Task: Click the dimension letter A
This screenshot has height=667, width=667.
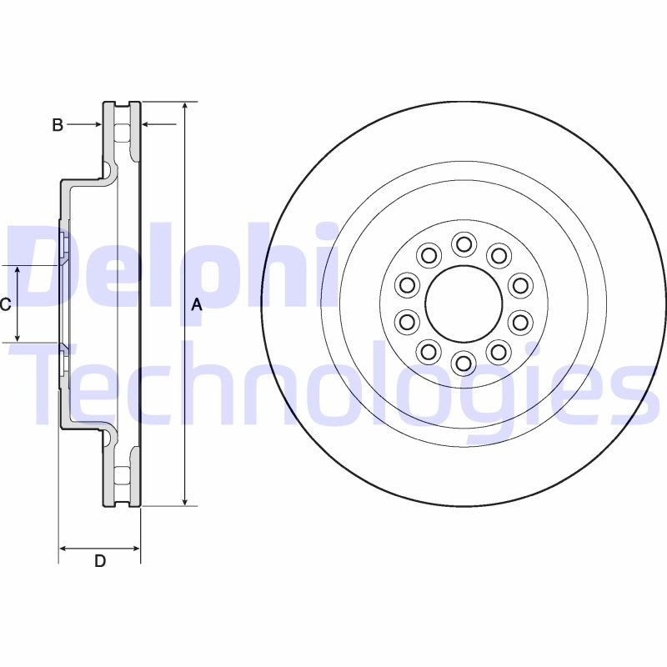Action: [197, 305]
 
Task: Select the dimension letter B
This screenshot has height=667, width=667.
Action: [58, 125]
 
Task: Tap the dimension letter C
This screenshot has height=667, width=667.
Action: [6, 304]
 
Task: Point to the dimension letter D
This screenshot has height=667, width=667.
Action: [100, 561]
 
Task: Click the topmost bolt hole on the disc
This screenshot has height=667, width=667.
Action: [463, 244]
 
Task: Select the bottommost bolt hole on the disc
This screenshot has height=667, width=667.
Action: [463, 362]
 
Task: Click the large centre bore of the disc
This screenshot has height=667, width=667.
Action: [463, 303]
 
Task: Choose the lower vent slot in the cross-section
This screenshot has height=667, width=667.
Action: [123, 476]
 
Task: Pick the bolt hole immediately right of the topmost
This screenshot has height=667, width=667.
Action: [498, 254]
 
